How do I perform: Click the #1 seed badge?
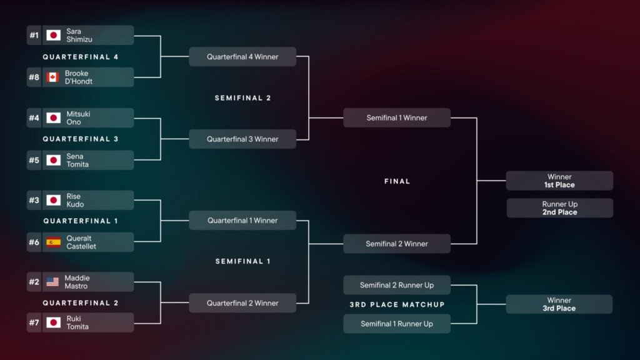point(34,35)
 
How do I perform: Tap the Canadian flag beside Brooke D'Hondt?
point(53,77)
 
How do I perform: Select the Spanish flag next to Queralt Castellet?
point(53,242)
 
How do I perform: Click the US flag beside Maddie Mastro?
point(53,282)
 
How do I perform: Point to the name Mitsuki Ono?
point(78,118)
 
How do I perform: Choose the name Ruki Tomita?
point(77,322)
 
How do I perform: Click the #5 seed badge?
point(34,160)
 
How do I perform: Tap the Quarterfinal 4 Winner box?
point(242,57)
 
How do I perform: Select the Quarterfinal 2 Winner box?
point(242,303)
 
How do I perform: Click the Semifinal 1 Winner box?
point(397,118)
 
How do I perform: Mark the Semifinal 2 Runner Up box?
point(397,285)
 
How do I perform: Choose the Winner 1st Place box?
point(559,181)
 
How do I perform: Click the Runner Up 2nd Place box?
point(559,208)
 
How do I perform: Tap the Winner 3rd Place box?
point(559,304)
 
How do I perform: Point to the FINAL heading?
point(397,181)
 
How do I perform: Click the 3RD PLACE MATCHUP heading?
point(397,304)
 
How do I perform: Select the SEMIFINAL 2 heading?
point(242,98)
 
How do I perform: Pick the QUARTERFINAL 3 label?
point(80,139)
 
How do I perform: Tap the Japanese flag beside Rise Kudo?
point(53,200)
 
